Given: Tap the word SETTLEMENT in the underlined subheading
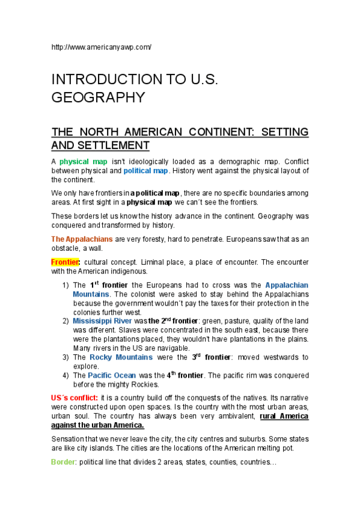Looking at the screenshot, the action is tap(100, 146).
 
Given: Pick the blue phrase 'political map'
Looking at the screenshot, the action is tap(145, 171).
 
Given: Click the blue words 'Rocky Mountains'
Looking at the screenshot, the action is tap(121, 357).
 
